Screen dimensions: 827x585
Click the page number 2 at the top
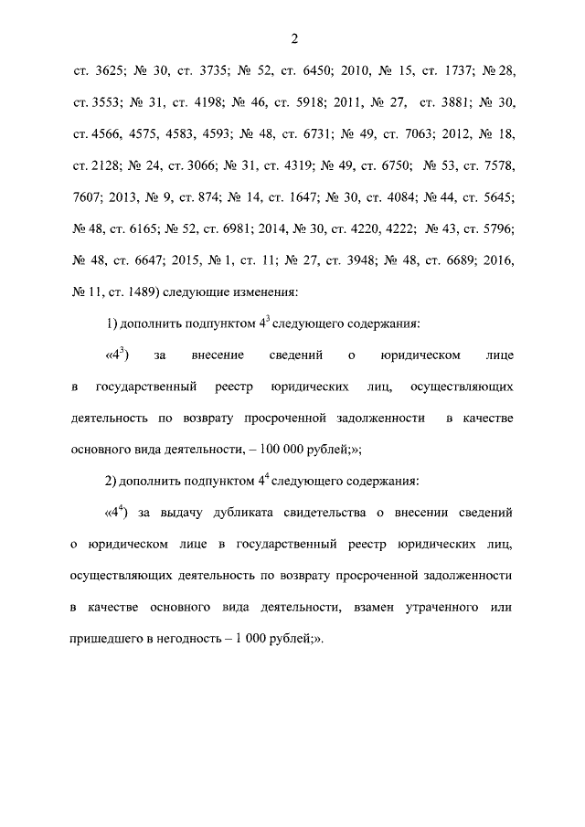292,38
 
